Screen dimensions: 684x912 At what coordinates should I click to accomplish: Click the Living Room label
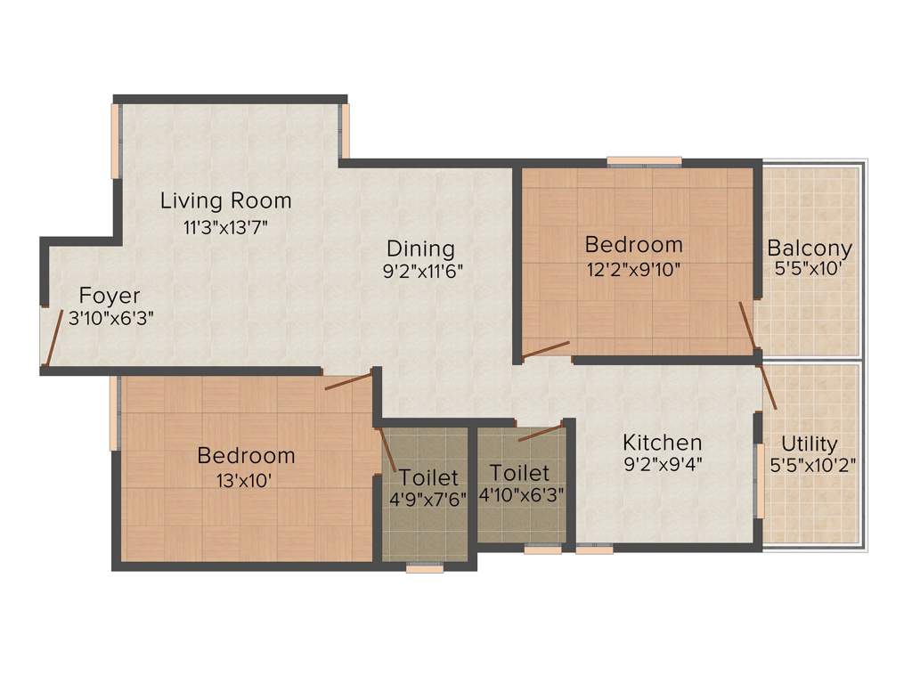pyautogui.click(x=225, y=200)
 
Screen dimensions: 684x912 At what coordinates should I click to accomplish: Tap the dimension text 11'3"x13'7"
pyautogui.click(x=225, y=226)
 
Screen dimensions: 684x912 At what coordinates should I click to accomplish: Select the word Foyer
pyautogui.click(x=109, y=296)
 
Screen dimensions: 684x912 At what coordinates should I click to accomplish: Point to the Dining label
pyautogui.click(x=420, y=248)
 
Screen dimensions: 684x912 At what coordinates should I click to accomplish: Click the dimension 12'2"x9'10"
pyautogui.click(x=633, y=268)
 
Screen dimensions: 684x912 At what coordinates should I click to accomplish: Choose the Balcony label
pyautogui.click(x=810, y=248)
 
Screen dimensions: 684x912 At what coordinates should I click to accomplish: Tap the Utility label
pyautogui.click(x=809, y=444)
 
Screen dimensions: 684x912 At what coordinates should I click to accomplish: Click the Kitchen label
pyautogui.click(x=662, y=442)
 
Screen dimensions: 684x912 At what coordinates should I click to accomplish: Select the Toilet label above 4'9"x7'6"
pyautogui.click(x=428, y=477)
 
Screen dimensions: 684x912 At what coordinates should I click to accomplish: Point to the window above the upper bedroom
pyautogui.click(x=645, y=161)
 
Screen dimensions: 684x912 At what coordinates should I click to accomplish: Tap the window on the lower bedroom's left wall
pyautogui.click(x=115, y=415)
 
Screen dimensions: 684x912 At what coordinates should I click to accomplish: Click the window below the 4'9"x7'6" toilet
pyautogui.click(x=425, y=567)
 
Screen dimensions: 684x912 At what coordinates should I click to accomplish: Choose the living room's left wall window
pyautogui.click(x=115, y=142)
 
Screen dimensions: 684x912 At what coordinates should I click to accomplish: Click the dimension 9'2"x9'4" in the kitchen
pyautogui.click(x=662, y=464)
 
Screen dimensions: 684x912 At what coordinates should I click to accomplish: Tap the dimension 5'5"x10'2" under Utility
pyautogui.click(x=809, y=465)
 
